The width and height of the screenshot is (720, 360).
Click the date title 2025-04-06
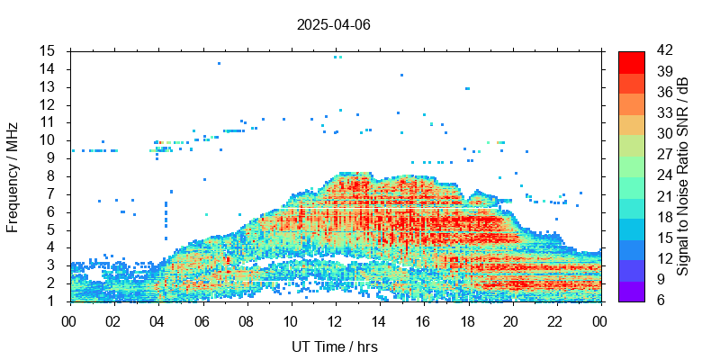point(333,24)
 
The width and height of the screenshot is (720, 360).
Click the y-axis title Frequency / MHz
point(13,176)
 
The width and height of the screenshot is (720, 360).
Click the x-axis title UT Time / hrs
point(334,346)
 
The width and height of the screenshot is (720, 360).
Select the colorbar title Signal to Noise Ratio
point(683,176)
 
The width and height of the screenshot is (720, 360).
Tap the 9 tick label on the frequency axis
point(52,157)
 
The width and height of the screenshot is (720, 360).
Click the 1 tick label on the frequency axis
point(52,301)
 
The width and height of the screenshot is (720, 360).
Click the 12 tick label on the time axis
point(335,319)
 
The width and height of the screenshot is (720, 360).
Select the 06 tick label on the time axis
point(202,319)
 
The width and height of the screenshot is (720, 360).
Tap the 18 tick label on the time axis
point(468,319)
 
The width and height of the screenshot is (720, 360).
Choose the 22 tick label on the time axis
point(556,319)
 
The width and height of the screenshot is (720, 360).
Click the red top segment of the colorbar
point(631,61)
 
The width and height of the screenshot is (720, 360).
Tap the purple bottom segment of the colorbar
point(631,291)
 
